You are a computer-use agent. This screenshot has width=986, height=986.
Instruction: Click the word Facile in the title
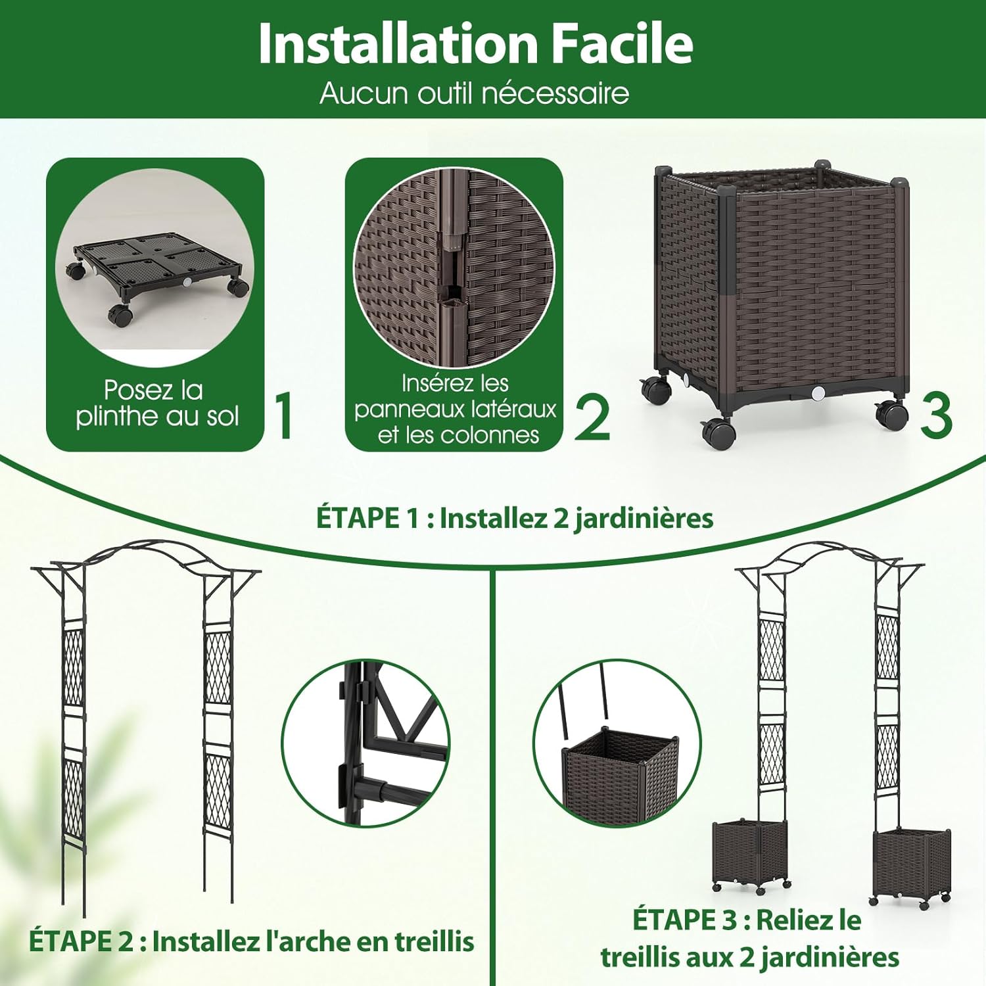pyautogui.click(x=622, y=43)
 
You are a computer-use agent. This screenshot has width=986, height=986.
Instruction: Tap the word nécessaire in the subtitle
pyautogui.click(x=555, y=93)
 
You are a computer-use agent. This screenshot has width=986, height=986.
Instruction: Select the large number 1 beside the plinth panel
pyautogui.click(x=284, y=415)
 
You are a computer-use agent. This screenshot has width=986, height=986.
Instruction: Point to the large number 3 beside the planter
pyautogui.click(x=936, y=415)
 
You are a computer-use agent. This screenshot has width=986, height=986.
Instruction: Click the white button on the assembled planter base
pyautogui.click(x=818, y=394)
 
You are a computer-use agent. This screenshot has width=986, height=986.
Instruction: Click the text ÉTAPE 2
pyautogui.click(x=80, y=941)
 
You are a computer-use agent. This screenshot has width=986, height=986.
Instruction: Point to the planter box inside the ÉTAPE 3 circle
pyautogui.click(x=621, y=777)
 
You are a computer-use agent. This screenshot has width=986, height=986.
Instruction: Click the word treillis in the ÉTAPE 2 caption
pyautogui.click(x=434, y=941)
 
